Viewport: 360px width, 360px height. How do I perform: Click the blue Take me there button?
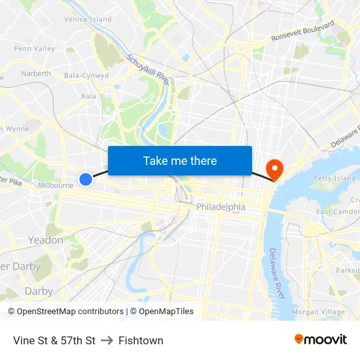(180, 160)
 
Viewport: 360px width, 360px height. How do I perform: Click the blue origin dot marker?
(86, 179)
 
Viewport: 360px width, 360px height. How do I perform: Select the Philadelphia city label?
(221, 207)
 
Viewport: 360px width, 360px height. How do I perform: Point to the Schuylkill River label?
(149, 69)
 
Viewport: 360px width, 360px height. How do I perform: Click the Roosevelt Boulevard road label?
(303, 31)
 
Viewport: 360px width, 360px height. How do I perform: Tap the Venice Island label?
(88, 20)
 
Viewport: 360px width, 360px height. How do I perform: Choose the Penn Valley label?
(35, 48)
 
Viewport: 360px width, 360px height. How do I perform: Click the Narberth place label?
(36, 73)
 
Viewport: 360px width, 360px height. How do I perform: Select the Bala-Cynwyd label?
(86, 75)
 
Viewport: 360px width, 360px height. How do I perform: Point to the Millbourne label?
(56, 185)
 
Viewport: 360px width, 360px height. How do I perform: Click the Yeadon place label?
(45, 240)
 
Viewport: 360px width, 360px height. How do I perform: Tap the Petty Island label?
(334, 178)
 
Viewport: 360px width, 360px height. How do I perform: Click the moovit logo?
(320, 339)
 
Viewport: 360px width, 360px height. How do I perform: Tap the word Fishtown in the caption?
(141, 340)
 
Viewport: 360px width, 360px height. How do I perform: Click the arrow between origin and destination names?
(107, 340)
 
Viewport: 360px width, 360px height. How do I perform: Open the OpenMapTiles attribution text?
(162, 312)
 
